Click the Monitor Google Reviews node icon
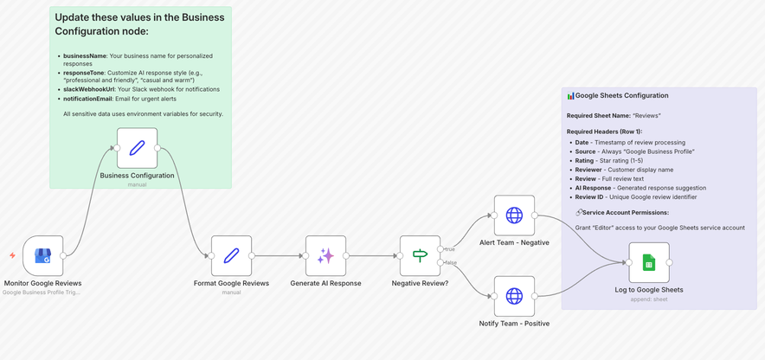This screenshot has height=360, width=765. tap(43, 255)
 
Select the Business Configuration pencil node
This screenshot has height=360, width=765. tap(137, 148)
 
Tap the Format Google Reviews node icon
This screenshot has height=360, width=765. tap(231, 255)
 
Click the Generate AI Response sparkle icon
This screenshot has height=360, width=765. tap(325, 255)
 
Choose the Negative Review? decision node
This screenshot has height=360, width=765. tap(420, 255)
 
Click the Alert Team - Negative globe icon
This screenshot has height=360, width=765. tap(514, 215)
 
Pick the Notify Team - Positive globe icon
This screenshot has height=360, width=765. tap(514, 296)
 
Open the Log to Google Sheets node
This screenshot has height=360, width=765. tap(649, 262)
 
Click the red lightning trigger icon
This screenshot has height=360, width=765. tap(12, 255)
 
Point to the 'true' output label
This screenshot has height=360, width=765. tap(451, 248)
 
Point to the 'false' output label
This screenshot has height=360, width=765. tap(452, 262)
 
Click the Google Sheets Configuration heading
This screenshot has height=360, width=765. tap(621, 96)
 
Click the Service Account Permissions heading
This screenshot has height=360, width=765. tap(625, 212)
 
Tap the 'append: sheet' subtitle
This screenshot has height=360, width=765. tap(649, 299)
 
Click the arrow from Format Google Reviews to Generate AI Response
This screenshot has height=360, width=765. tap(279, 255)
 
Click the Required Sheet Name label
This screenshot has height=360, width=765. tap(597, 115)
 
